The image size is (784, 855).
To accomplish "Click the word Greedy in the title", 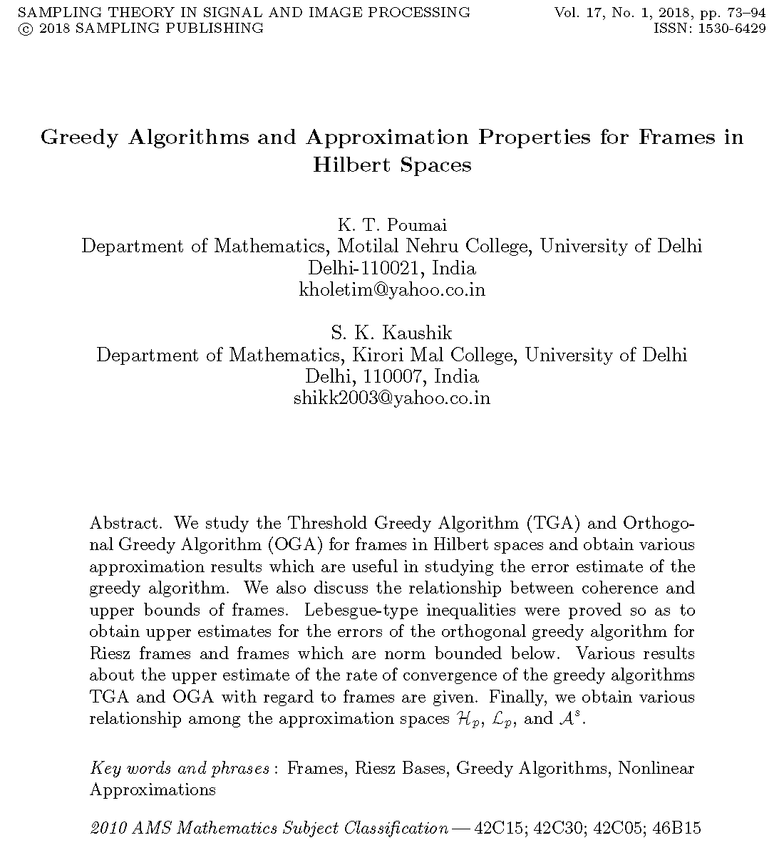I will coord(79,137).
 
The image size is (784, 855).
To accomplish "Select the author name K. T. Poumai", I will coord(391,225).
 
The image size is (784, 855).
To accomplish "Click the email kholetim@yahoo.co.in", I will coord(392,290).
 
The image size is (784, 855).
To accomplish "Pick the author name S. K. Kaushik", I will coord(391,333).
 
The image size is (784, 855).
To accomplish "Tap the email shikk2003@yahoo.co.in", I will coord(392,398).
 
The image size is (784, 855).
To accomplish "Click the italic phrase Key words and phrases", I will coord(180,769).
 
